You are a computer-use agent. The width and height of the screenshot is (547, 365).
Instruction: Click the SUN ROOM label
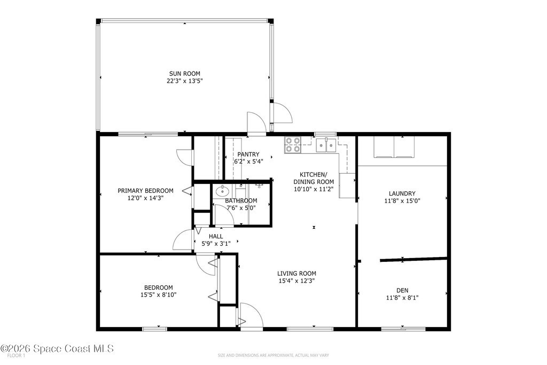[184, 74]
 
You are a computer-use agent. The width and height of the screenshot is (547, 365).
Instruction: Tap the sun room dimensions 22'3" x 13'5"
[184, 81]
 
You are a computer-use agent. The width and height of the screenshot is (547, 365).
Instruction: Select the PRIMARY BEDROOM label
[145, 191]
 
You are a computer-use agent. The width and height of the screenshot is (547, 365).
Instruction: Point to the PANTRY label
[248, 154]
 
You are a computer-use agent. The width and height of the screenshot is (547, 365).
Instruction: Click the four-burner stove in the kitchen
[293, 145]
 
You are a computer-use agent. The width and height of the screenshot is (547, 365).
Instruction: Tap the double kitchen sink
[326, 145]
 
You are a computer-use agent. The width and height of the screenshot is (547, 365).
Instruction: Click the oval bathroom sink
[222, 191]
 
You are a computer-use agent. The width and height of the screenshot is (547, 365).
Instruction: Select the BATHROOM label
[241, 200]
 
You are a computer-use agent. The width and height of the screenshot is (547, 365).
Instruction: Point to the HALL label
[216, 236]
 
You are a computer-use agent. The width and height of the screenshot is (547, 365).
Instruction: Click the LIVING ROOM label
[297, 274]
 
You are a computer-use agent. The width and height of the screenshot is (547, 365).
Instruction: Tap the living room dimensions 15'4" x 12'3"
[297, 281]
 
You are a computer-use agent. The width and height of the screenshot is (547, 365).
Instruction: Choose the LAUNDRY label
[402, 193]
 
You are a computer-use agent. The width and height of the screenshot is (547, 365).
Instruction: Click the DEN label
[402, 290]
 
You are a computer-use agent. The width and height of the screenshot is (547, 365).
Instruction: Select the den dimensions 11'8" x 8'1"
[402, 298]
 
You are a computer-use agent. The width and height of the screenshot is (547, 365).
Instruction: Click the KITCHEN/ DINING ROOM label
[314, 178]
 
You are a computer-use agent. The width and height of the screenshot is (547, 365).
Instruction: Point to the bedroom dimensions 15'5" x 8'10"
[158, 295]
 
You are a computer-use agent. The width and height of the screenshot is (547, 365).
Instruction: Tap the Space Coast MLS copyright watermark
[57, 348]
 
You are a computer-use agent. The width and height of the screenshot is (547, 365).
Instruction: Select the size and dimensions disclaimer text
[273, 355]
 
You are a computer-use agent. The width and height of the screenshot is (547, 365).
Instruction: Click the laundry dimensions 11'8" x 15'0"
[402, 201]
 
